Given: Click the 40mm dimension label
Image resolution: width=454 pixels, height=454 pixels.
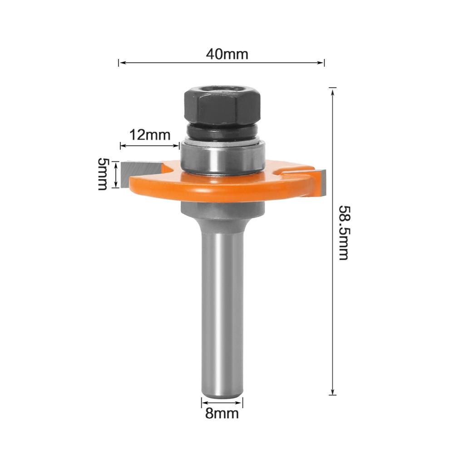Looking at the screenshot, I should pyautogui.click(x=227, y=54).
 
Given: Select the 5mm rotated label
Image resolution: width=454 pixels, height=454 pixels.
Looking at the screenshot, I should pyautogui.click(x=103, y=174).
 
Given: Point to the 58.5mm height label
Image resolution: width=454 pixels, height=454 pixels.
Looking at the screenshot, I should pyautogui.click(x=344, y=232).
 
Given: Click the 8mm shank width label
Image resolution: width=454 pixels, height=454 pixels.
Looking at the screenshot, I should pyautogui.click(x=222, y=414).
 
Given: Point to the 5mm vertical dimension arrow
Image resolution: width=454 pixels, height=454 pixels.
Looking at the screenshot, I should pyautogui.click(x=119, y=175).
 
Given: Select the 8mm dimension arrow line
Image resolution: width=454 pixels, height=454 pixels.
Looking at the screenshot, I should pyautogui.click(x=222, y=402).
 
